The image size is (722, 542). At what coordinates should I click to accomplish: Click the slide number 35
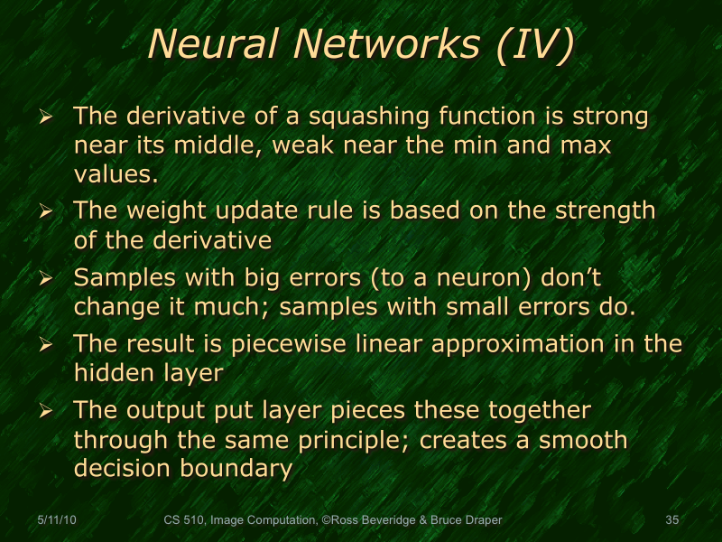pyautogui.click(x=671, y=520)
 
